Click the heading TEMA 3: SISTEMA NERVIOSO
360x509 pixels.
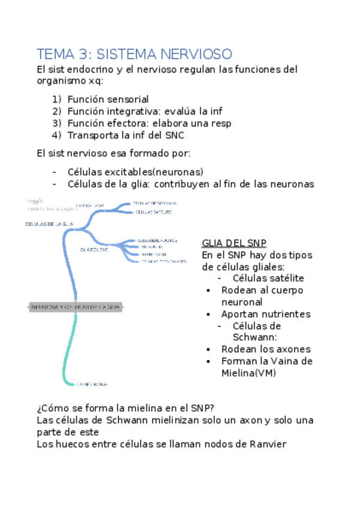[134, 55]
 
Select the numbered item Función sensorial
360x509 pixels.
[108, 99]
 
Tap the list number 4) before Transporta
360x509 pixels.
[57, 135]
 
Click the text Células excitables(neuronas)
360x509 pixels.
[136, 171]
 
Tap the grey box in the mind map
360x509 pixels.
[76, 307]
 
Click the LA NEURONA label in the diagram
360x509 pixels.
[92, 383]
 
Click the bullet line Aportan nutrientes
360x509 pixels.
[265, 314]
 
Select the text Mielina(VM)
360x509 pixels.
[247, 373]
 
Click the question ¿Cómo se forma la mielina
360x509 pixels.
[125, 409]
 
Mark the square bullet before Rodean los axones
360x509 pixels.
[208, 349]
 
